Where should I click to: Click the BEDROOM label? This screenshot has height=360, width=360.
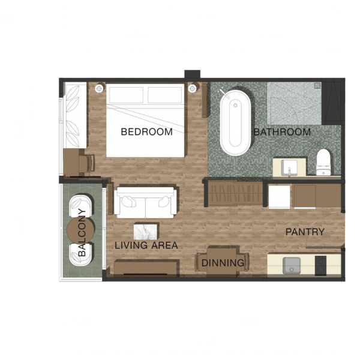(x=147, y=132)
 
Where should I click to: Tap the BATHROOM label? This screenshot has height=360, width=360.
(x=282, y=132)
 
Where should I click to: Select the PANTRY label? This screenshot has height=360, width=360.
(x=305, y=232)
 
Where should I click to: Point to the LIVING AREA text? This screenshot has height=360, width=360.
(x=146, y=245)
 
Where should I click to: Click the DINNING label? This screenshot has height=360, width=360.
(x=223, y=263)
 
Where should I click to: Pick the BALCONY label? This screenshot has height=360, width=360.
(x=82, y=233)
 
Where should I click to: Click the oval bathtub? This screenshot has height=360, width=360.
(x=235, y=122)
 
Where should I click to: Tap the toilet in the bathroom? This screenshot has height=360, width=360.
(x=323, y=162)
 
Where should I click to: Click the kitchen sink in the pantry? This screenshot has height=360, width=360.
(x=292, y=266)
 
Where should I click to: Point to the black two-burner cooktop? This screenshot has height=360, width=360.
(x=320, y=266)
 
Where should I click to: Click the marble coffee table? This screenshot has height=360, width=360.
(x=146, y=232)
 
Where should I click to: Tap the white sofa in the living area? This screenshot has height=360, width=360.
(x=147, y=203)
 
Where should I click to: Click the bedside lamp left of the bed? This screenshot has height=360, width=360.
(x=99, y=88)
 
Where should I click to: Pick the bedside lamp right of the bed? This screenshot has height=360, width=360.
(x=193, y=88)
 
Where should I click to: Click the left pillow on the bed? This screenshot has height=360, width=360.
(x=126, y=95)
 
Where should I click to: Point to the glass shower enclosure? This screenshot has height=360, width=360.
(x=294, y=103)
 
